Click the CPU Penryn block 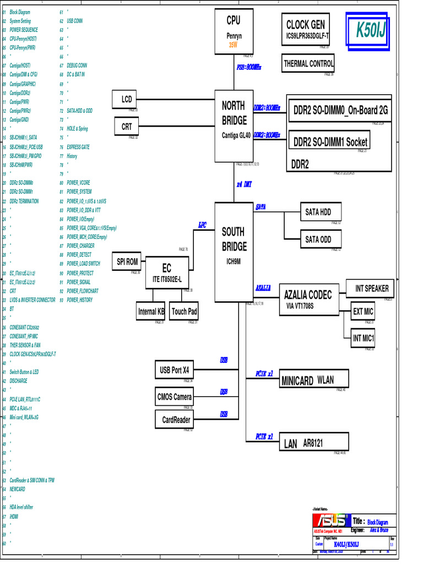pos(234,31)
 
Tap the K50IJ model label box pos(371,30)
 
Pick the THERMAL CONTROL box pos(308,64)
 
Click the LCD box pos(127,99)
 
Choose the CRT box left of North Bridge pos(127,127)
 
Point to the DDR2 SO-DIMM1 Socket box pos(329,142)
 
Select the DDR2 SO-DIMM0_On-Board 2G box pos(340,111)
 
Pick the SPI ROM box pos(127,262)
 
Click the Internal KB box pos(151,311)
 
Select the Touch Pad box pos(184,311)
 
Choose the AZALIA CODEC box pos(308,300)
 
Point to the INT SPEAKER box pos(371,288)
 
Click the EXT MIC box pos(363,312)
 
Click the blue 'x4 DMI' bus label pos(244,185)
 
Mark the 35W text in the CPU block pos(233,45)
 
